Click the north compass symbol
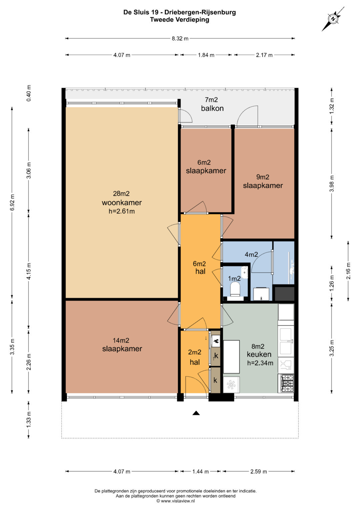click(x=333, y=19)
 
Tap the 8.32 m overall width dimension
click(x=180, y=39)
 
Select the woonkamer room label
click(x=122, y=202)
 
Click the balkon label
click(x=212, y=108)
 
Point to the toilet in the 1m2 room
click(x=235, y=289)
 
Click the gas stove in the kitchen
click(x=287, y=383)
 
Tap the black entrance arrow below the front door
click(x=196, y=413)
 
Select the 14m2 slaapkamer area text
click(x=121, y=340)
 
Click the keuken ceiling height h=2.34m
click(x=260, y=363)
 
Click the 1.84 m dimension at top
click(x=206, y=55)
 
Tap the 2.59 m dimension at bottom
click(x=259, y=472)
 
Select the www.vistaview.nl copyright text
click(x=176, y=501)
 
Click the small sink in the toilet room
click(x=245, y=272)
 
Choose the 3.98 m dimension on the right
click(x=332, y=184)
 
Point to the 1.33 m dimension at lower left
click(x=29, y=419)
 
